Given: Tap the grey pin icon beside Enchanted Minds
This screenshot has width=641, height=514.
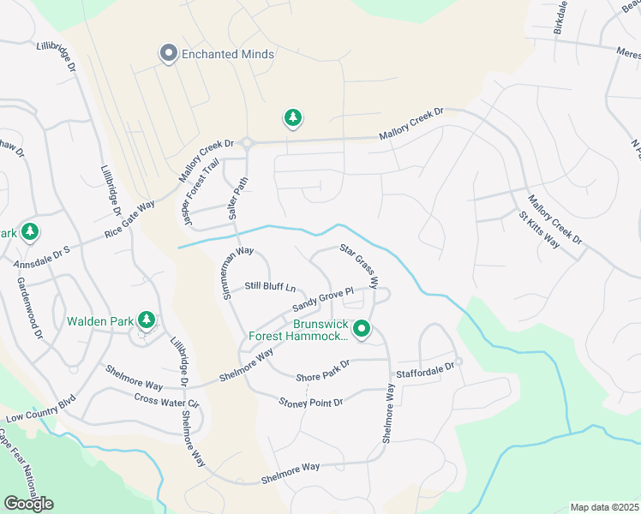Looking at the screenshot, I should coord(168,54).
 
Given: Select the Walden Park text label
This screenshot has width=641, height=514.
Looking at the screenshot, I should coord(101,322).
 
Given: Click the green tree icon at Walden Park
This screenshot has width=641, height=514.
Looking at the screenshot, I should coord(147,320).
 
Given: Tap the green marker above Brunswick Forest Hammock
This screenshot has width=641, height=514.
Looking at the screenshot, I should coord(362,328).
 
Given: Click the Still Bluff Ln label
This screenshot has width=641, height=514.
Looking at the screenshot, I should coord(270,286).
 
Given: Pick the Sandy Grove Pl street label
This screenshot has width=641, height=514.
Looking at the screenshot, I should coord(322,300).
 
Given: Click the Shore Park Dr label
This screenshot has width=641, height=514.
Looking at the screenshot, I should coord(323,371).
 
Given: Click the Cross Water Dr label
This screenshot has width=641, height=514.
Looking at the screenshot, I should coord(166,401).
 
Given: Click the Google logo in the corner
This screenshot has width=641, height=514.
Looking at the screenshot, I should coord(28,504).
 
